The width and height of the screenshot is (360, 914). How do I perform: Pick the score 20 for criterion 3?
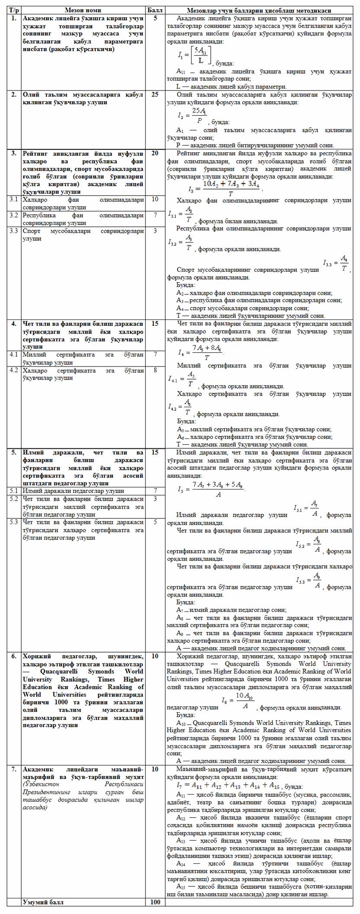click(x=155, y=153)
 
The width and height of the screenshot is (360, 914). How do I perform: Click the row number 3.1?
click(x=14, y=200)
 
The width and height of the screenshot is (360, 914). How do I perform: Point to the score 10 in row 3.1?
click(x=155, y=200)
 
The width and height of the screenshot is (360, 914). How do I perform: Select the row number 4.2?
click(x=14, y=370)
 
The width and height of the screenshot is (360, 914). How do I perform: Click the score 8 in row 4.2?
click(x=155, y=370)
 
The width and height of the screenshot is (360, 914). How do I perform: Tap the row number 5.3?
click(x=14, y=522)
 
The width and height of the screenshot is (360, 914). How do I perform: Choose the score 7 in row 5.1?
click(x=155, y=491)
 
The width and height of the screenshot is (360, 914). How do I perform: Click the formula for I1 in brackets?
click(x=194, y=55)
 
